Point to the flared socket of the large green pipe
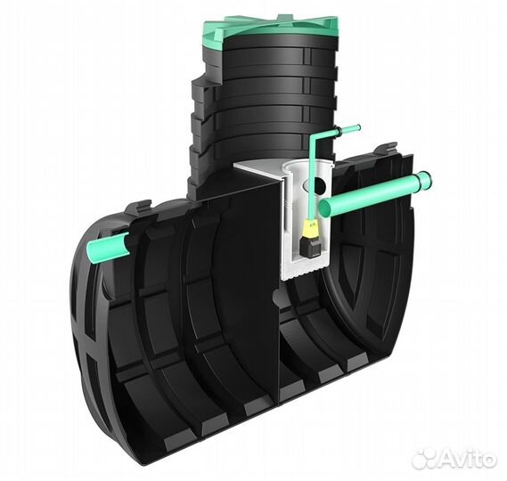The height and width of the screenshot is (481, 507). click(x=424, y=182)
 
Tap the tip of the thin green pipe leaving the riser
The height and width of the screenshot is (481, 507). click(x=358, y=128)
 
